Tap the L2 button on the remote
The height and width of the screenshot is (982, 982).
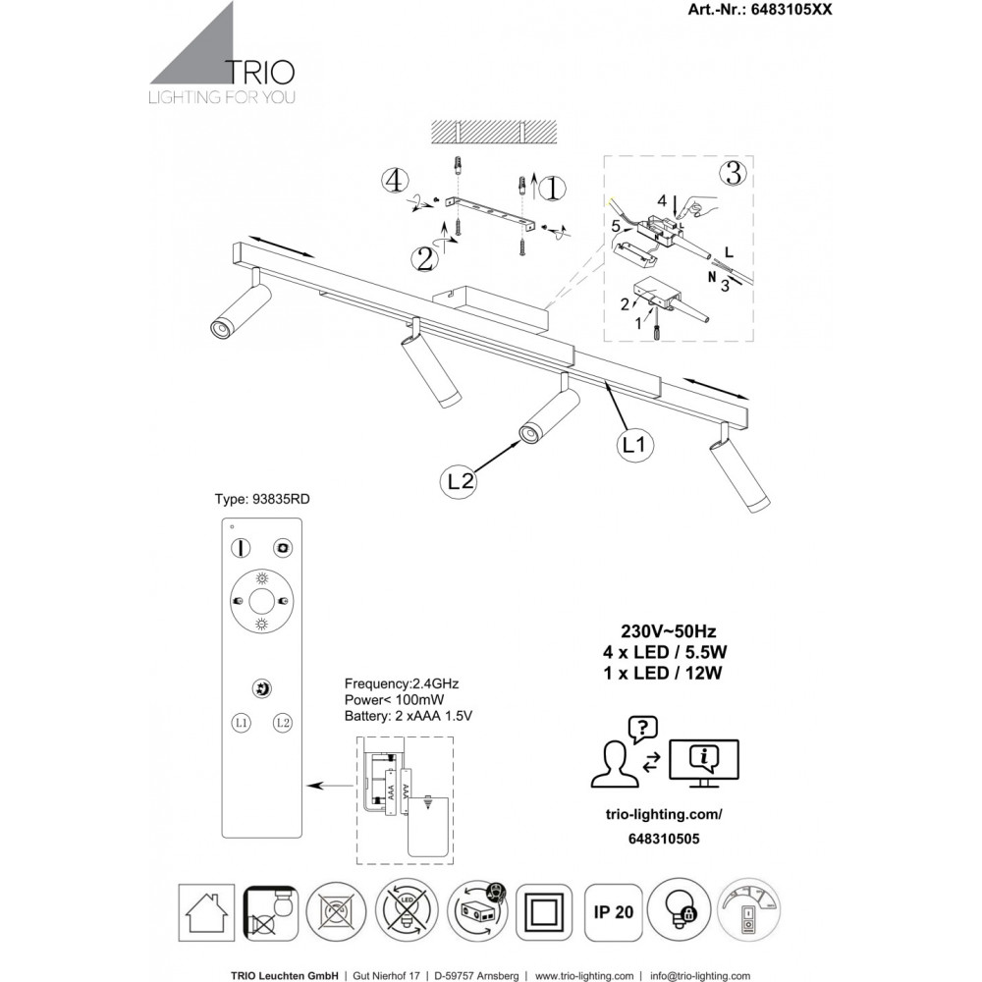pos(283,723)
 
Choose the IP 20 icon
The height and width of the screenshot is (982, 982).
pos(610,910)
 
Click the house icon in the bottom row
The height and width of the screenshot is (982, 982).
pos(206,910)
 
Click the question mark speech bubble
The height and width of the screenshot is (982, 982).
pos(641,729)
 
